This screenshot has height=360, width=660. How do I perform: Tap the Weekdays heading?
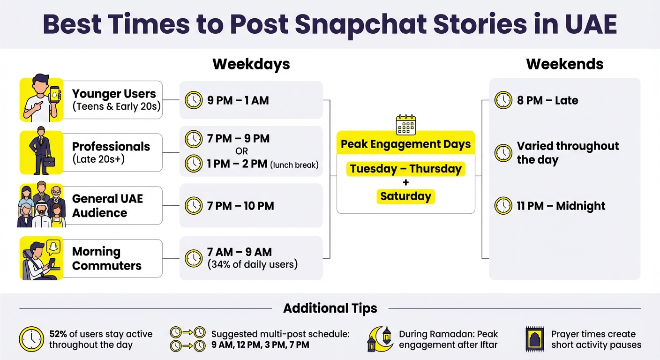251,64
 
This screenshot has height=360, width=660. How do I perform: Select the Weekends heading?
564,64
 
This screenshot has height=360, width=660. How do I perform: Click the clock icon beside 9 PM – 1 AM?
193,100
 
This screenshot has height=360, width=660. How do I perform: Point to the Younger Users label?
113,94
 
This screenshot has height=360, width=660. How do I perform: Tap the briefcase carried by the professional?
49,161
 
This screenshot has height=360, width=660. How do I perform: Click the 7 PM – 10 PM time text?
240,206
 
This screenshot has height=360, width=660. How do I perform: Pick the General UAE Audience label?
107,206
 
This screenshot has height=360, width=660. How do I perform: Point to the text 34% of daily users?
253,264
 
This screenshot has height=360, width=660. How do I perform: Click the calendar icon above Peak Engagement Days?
405,125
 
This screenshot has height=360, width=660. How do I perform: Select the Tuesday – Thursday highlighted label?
405,169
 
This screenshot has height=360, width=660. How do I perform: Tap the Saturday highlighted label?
405,196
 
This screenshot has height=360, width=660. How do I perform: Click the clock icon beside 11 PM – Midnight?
503,206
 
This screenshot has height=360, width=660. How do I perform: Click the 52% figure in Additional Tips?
58,334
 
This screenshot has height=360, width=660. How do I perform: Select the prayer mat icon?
535,339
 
